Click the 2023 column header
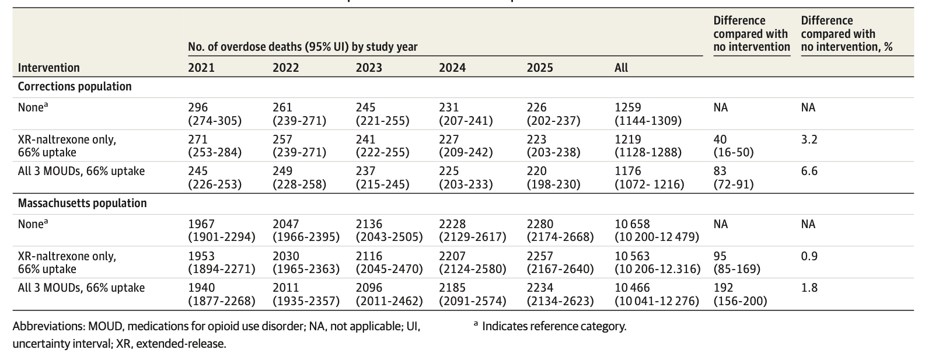pos(369,68)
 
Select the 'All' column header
pos(621,68)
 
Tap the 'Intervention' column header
pos(48,68)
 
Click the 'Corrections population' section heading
pos(75,86)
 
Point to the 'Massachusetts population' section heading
pos(82,203)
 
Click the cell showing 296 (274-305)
pos(214,114)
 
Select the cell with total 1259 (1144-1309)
pos(647,114)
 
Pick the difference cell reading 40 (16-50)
pos(734,146)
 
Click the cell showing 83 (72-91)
pos(734,177)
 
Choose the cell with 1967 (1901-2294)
pos(221,230)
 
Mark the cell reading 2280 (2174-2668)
pos(560,230)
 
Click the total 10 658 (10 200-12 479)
pos(657,230)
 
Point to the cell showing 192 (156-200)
pos(740,294)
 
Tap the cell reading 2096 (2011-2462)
pos(389,294)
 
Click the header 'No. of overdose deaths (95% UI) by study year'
pos(302,47)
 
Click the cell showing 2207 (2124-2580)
pos(472,263)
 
